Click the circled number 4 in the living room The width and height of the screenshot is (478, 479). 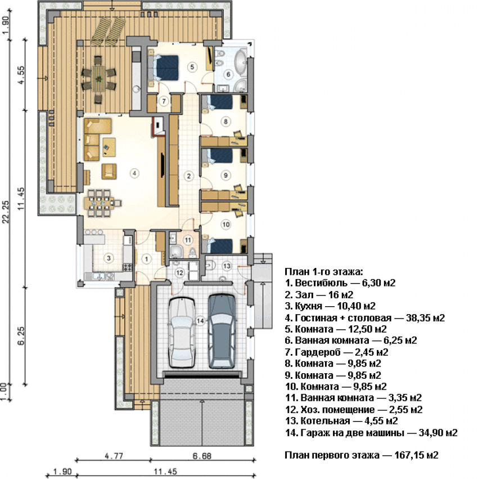click(x=134, y=173)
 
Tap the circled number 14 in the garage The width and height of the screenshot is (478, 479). click(x=200, y=321)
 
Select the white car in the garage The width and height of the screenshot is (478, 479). click(x=182, y=332)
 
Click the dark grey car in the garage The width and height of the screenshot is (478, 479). click(x=222, y=331)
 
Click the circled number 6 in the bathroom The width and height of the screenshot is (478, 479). click(x=228, y=74)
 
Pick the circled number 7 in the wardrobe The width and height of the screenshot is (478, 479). click(x=164, y=101)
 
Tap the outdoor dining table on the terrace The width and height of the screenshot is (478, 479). click(x=98, y=79)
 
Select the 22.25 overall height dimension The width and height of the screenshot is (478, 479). click(x=6, y=212)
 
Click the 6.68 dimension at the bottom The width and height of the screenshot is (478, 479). click(x=202, y=456)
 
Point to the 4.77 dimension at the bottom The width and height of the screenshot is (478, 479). click(x=114, y=456)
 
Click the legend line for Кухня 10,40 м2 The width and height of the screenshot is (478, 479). click(x=330, y=306)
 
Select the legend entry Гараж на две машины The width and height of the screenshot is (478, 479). click(x=371, y=433)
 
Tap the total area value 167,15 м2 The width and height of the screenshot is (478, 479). click(x=416, y=455)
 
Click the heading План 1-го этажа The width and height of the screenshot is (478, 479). click(x=324, y=271)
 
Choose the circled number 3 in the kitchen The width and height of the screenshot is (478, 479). click(x=109, y=258)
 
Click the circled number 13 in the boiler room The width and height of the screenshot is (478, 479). click(x=227, y=266)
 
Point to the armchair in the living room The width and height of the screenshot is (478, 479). click(x=109, y=171)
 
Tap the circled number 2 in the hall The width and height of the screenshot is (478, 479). click(x=189, y=176)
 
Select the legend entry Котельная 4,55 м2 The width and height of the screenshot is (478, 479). click(x=341, y=421)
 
